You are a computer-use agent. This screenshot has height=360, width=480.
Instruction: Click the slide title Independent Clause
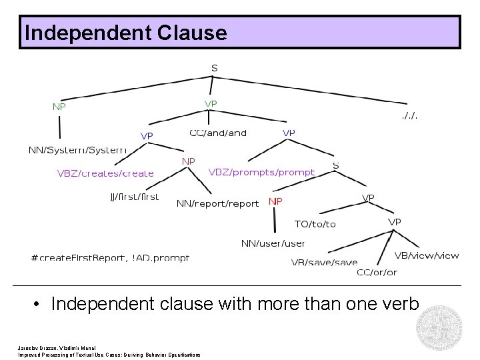coord(125,33)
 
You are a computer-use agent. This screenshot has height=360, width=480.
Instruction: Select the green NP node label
coord(59,106)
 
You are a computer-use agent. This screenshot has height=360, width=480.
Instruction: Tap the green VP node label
coord(210,103)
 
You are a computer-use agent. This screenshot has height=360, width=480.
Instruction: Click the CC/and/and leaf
coord(218,133)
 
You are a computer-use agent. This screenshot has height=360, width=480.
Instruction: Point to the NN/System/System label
coord(77,150)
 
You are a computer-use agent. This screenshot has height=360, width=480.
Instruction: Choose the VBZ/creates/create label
coord(105,173)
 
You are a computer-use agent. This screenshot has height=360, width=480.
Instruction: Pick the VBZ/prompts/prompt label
coord(261,172)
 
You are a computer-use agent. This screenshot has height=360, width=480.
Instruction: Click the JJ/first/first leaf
coord(134,197)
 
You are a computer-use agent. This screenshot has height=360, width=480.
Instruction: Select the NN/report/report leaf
coord(217,203)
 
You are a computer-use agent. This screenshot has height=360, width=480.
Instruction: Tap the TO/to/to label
coord(315,224)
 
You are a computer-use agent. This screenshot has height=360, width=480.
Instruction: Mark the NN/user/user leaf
coord(273,243)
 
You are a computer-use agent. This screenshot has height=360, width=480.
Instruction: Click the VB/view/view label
coord(427,255)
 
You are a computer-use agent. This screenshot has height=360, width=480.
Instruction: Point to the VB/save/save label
coord(324,263)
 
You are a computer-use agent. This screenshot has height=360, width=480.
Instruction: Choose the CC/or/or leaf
coord(377,272)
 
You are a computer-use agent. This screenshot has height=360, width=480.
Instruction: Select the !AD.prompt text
coord(161,257)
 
